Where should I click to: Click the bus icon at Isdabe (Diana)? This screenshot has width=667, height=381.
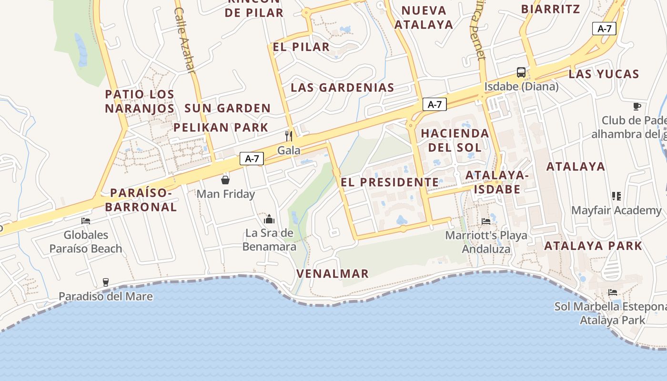point(521,72)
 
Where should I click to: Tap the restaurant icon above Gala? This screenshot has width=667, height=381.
point(289,136)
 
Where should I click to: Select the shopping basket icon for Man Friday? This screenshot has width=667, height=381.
point(225,180)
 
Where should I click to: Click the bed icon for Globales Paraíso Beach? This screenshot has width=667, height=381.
point(86,221)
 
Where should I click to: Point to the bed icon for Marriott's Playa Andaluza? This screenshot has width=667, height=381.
point(486,221)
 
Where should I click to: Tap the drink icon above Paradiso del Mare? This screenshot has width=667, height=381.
point(106,282)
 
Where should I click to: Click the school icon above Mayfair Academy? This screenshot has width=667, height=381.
point(616,196)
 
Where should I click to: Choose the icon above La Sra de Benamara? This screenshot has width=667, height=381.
point(269,219)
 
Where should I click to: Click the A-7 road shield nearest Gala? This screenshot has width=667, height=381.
point(252,159)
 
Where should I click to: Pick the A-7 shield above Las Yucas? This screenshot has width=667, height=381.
point(604,29)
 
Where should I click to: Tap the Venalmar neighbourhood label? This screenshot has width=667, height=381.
point(333,273)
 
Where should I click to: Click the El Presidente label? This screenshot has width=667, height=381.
point(390,182)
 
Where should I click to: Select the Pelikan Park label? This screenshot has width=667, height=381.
point(221,127)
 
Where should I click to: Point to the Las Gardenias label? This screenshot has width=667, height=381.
point(343,87)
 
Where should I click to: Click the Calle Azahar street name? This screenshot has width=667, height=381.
point(185,40)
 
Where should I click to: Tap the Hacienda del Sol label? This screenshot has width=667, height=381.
point(455,140)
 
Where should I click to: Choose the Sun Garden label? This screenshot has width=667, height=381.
point(227,108)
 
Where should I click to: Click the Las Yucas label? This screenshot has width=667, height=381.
point(604,74)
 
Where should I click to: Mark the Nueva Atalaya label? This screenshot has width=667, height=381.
point(424,17)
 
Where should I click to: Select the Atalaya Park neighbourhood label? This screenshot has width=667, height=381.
point(593,246)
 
